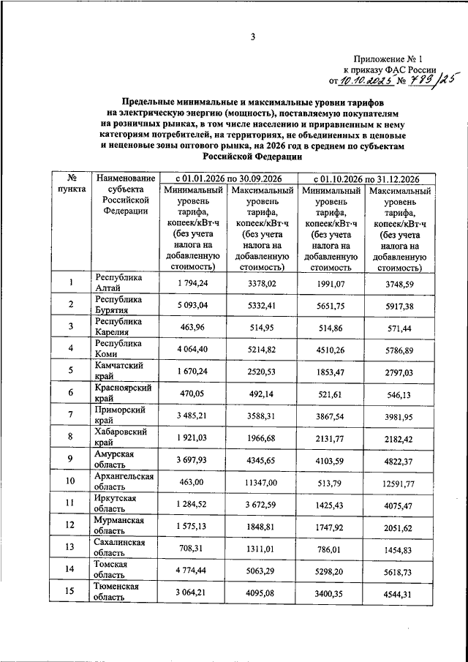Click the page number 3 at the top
pos(252,37)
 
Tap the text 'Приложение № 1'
pos(393,57)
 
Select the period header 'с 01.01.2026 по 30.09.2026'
pos(227,178)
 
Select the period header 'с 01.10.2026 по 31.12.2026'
pos(366,178)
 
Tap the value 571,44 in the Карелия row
pos(399,328)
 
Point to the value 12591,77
pos(399,483)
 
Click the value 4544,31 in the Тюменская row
pos(399,593)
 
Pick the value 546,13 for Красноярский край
pos(399,394)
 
